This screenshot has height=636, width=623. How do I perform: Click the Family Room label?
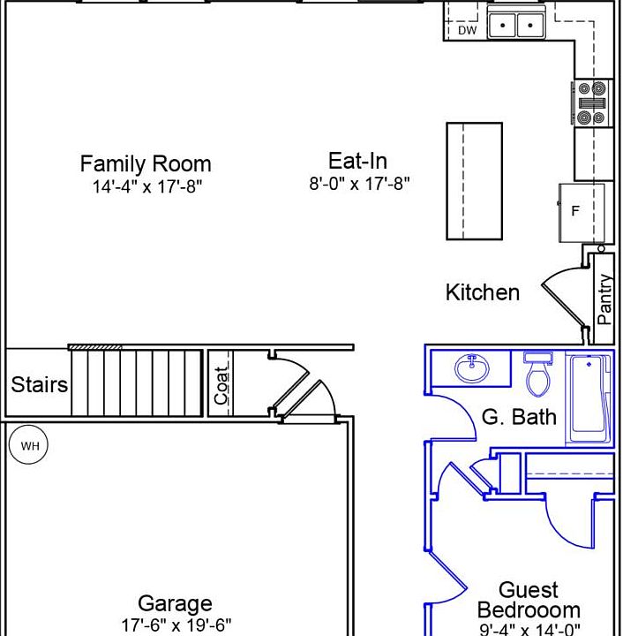[146, 164]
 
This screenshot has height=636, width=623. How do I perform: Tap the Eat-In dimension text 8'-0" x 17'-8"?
[359, 184]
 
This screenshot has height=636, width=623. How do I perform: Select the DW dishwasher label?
[467, 30]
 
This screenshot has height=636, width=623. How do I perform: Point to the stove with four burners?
[592, 103]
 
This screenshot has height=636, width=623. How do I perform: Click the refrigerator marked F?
[582, 213]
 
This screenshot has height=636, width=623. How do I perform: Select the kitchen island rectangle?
[475, 181]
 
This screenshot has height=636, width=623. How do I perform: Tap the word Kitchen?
[483, 292]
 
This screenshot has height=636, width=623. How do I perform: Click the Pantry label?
[604, 299]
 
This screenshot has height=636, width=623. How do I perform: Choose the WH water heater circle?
[28, 445]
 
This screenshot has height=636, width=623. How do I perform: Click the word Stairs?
[40, 384]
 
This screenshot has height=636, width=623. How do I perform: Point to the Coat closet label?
[221, 386]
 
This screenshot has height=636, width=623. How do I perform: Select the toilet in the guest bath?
[538, 374]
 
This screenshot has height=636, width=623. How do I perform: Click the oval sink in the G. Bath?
[472, 367]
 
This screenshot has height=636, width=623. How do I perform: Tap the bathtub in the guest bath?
[589, 398]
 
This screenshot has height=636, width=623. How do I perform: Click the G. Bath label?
[519, 417]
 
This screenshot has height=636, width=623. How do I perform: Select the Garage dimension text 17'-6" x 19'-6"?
[176, 625]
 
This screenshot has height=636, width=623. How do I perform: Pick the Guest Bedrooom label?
[529, 600]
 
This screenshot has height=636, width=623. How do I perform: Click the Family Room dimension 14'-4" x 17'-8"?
[147, 186]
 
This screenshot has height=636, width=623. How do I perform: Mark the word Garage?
[175, 603]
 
